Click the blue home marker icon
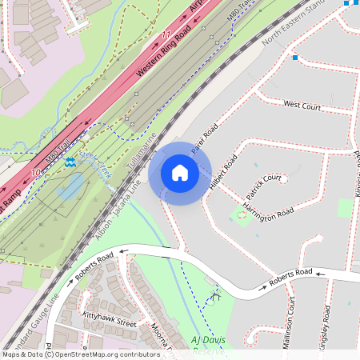click(180, 173)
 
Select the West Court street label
click(302, 105)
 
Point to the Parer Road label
click(204, 138)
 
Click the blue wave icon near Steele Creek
click(71, 162)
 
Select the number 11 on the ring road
click(166, 34)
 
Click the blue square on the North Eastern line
click(295, 58)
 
